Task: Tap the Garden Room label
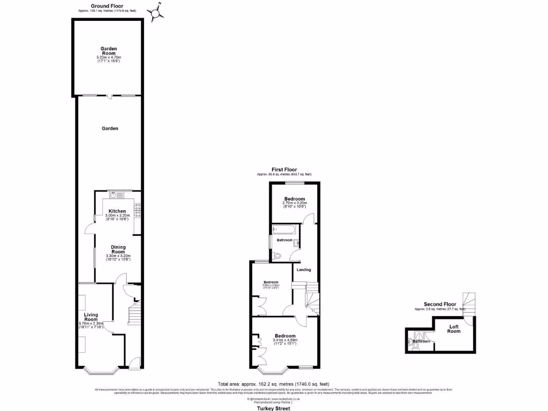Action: (109, 51)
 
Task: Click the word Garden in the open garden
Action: (110, 128)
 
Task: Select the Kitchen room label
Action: (117, 211)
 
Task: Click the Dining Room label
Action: (118, 249)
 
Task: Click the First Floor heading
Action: (284, 170)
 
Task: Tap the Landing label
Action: (304, 269)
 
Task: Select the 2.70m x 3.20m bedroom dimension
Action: (295, 203)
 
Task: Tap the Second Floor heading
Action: (440, 304)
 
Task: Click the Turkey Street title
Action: (273, 408)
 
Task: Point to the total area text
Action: (273, 384)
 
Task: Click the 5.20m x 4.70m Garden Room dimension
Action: (109, 57)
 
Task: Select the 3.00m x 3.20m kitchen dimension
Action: (117, 216)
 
